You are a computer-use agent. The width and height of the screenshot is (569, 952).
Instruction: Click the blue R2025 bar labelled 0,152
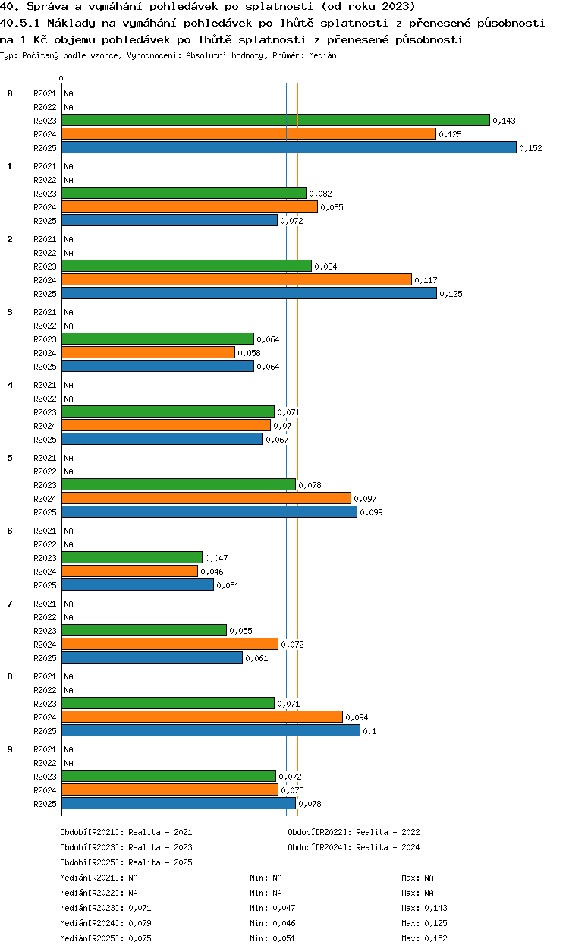point(289,147)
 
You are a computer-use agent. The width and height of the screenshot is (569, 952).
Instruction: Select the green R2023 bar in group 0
point(275,120)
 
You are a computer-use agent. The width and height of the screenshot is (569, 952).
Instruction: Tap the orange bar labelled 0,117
point(237,279)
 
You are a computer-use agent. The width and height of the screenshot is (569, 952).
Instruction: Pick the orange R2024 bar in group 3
point(148,352)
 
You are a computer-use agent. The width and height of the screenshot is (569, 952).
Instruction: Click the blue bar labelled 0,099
point(209,512)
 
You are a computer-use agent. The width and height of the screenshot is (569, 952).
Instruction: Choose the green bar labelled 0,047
point(132,557)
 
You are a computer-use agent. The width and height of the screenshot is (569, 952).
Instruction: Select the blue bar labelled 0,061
point(152,657)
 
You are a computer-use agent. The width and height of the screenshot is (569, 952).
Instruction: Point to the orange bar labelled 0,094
point(202,717)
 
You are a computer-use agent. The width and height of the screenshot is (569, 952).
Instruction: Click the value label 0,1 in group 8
point(369,731)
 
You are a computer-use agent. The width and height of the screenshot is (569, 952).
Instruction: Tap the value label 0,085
point(332,207)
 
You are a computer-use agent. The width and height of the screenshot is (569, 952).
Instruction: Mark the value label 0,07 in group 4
point(282,426)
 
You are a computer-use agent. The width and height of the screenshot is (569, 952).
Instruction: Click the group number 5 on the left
point(10,458)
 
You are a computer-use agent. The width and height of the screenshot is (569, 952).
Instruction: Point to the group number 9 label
point(10,749)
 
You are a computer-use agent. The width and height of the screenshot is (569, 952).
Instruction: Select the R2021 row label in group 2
point(45,239)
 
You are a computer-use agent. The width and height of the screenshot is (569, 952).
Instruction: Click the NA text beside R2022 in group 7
point(68,617)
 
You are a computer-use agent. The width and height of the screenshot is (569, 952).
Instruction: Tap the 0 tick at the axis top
point(61,78)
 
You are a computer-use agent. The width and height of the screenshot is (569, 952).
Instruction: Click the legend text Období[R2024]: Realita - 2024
point(354,847)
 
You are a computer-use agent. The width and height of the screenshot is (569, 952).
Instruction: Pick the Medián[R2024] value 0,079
point(140,923)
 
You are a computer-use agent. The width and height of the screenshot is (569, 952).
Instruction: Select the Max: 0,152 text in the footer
point(424,938)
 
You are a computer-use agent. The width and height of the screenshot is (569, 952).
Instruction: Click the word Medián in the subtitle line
point(322,55)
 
